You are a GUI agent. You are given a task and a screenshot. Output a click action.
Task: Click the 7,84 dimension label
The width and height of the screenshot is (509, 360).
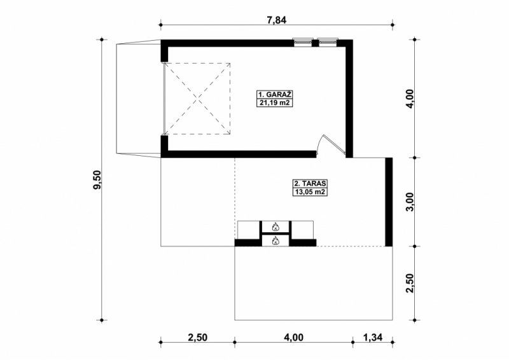click(277, 20)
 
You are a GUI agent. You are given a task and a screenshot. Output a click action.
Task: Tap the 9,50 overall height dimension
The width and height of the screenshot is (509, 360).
click(97, 180)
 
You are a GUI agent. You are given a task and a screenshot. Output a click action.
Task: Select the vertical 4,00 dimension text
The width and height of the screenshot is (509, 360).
click(410, 99)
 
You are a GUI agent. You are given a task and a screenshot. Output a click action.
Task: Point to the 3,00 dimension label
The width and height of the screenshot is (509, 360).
click(410, 202)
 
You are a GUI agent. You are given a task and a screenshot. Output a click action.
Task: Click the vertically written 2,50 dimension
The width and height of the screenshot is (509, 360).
click(410, 283)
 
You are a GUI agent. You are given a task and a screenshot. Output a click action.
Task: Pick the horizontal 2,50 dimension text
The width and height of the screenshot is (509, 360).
click(197, 338)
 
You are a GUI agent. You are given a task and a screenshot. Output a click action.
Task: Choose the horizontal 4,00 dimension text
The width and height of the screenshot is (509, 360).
click(293, 338)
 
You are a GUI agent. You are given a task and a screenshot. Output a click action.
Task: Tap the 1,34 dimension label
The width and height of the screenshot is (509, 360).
click(373, 338)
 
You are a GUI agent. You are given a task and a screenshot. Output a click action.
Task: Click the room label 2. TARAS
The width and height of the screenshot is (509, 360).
click(310, 183)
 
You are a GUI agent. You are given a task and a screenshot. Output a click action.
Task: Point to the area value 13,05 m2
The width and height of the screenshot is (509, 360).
click(310, 192)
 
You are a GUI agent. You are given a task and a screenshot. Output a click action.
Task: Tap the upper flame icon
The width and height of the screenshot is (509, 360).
click(275, 226)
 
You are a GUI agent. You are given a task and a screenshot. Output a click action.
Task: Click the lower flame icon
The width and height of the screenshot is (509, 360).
click(275, 240)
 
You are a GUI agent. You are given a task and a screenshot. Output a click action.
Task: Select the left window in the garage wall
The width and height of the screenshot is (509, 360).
click(303, 42)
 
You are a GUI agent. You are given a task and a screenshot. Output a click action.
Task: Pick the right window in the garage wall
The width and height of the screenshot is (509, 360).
click(328, 42)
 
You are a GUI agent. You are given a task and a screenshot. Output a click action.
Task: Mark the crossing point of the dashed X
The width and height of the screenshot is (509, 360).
click(197, 99)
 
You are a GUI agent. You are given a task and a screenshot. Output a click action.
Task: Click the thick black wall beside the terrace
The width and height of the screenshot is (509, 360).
click(389, 202)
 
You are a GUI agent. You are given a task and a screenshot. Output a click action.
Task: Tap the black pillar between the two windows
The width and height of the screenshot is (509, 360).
click(315, 43)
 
